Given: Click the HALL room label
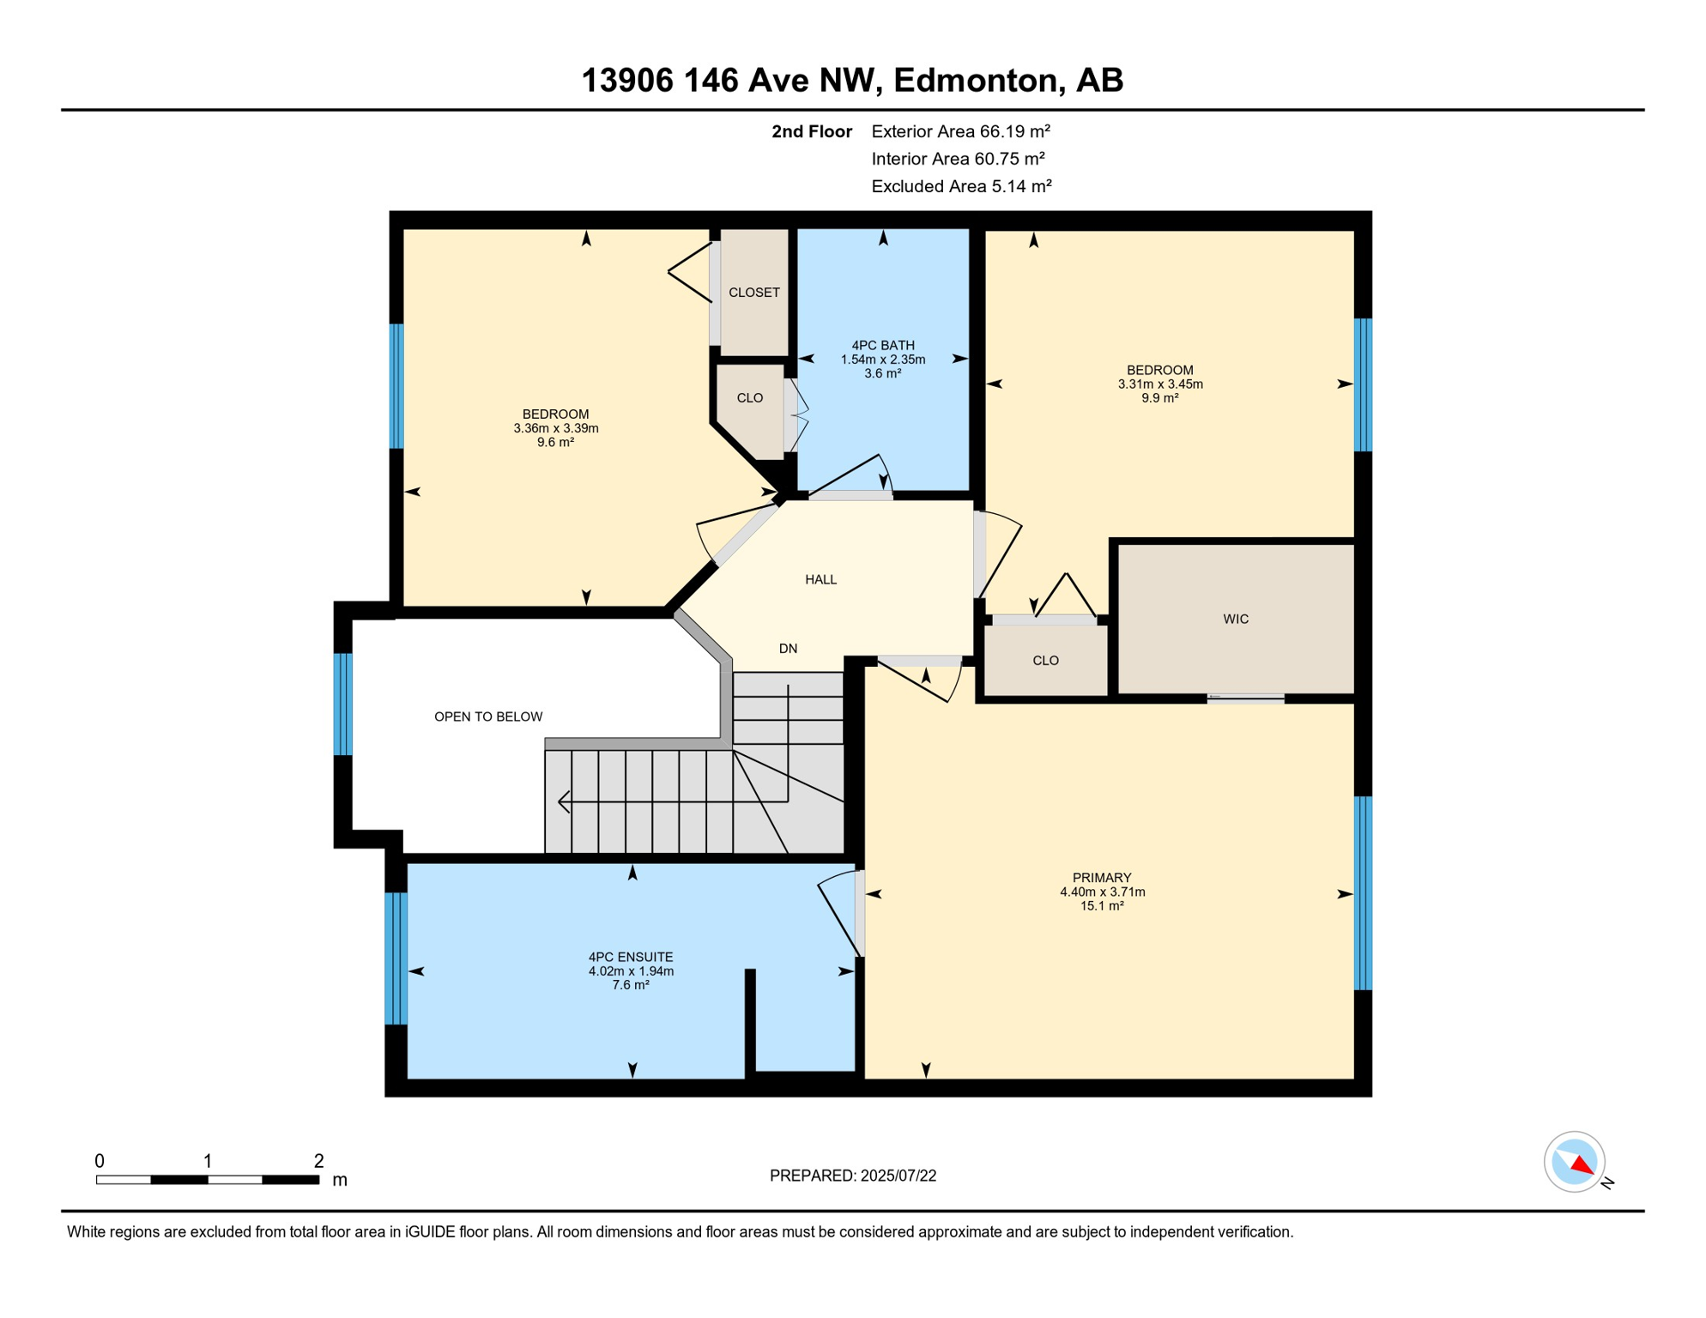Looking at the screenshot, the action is [820, 580].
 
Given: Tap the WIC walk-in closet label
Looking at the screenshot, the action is [1236, 620].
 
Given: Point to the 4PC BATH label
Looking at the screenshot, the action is [883, 346].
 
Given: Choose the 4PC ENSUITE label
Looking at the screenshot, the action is [631, 958].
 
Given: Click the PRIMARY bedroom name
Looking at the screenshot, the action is [1102, 878].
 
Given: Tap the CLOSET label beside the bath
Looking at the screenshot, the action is [754, 293].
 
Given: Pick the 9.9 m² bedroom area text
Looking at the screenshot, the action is [1160, 398].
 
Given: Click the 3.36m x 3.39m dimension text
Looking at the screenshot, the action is [556, 428].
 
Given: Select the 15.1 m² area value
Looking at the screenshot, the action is [1102, 906].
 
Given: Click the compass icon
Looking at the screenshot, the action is [1575, 1163].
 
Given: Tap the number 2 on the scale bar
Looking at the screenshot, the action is [318, 1161].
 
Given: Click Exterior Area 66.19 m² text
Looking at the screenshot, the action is [961, 131].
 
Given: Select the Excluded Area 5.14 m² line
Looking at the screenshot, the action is [962, 186].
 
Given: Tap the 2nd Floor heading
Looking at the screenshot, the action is [812, 131].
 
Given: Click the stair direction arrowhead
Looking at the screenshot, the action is [564, 802].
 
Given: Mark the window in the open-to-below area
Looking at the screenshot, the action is [343, 704].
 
